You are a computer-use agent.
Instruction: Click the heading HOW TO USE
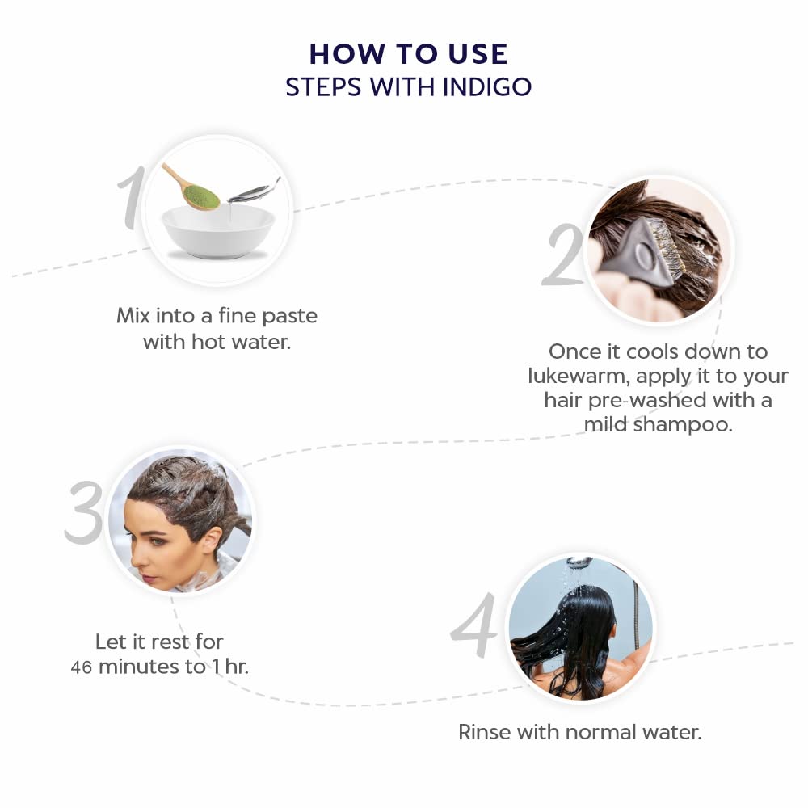(409, 54)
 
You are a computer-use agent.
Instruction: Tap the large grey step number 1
(130, 197)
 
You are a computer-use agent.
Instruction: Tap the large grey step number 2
(563, 255)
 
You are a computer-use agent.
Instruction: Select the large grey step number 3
(84, 513)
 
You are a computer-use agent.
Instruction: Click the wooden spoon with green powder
(191, 187)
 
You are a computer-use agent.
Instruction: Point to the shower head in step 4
(580, 562)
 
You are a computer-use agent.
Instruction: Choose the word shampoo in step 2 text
(682, 425)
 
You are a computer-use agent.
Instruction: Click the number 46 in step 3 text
(82, 667)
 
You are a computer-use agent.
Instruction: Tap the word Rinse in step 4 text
(484, 732)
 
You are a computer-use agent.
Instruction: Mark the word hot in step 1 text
(208, 342)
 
